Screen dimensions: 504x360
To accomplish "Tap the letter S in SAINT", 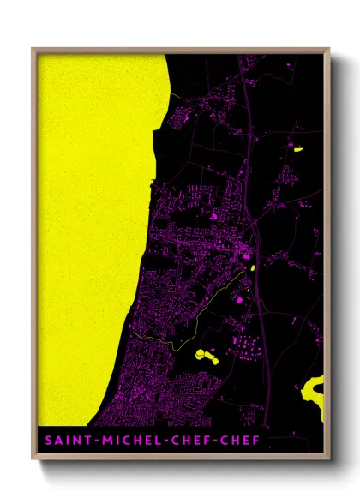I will tap(43, 441).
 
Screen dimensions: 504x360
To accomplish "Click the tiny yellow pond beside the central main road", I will tap(255, 267).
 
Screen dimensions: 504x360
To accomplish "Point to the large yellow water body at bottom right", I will tap(313, 394).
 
